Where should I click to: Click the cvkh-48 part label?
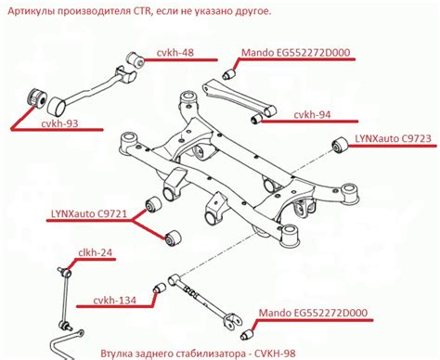click(x=175, y=53)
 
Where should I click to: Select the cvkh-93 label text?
click(x=59, y=123)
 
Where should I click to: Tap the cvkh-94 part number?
click(x=312, y=115)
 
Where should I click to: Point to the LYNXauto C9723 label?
click(x=393, y=138)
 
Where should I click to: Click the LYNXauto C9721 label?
click(x=89, y=213)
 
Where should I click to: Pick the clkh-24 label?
click(x=96, y=252)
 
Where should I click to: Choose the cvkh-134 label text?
click(x=114, y=300)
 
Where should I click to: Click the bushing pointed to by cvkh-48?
click(x=135, y=58)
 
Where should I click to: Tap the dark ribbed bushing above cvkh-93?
click(x=35, y=97)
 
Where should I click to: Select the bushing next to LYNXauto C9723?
click(x=340, y=145)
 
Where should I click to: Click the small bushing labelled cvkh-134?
click(x=160, y=289)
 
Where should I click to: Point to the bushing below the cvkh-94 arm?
click(x=256, y=118)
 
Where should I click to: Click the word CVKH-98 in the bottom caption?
click(x=275, y=353)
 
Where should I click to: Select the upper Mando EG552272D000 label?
click(x=295, y=53)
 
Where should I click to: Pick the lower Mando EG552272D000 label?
click(x=313, y=313)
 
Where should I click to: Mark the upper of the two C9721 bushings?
click(x=153, y=204)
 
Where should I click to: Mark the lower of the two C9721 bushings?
click(x=173, y=238)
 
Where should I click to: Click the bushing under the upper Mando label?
click(x=229, y=74)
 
